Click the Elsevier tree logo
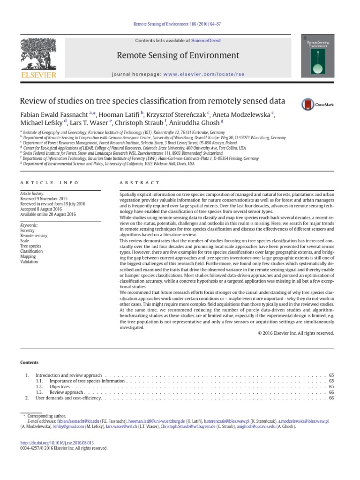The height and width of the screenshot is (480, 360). click(x=37, y=53)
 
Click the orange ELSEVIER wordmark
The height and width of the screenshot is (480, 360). click(x=37, y=75)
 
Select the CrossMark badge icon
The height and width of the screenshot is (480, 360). click(x=315, y=104)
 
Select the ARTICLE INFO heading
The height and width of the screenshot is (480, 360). click(x=49, y=182)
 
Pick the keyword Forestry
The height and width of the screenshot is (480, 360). click(x=27, y=231)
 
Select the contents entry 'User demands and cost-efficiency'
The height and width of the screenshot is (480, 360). click(x=68, y=398)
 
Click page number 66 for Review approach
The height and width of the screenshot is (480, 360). click(x=331, y=392)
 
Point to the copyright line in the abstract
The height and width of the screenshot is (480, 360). click(x=296, y=333)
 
